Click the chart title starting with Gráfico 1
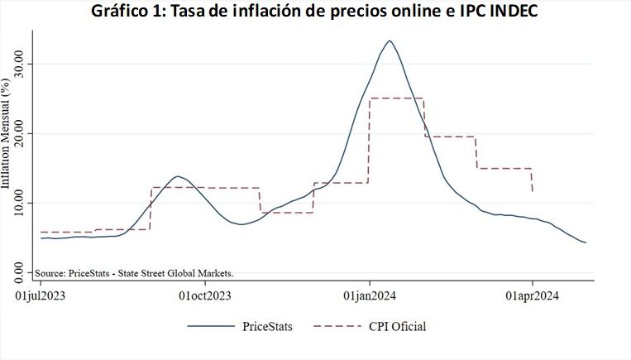[x=315, y=13]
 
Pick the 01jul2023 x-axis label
[x=40, y=294]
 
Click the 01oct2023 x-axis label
[x=204, y=294]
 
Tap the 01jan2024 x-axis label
[x=369, y=294]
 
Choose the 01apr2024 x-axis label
[x=532, y=294]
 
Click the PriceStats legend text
[x=267, y=326]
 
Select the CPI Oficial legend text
[x=397, y=326]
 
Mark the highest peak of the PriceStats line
[x=389, y=41]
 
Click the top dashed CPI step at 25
[x=396, y=98]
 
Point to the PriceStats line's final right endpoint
[x=586, y=242]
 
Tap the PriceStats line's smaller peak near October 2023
[x=177, y=176]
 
